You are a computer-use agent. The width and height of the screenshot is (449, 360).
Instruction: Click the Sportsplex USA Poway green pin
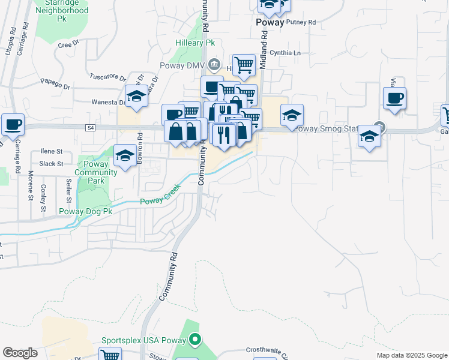pos(194,340)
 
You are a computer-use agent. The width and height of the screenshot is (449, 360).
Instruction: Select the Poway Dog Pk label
pos(86,211)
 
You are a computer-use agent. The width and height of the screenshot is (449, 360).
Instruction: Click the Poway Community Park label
pos(97,172)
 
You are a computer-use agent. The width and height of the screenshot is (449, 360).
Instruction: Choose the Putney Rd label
pos(301,22)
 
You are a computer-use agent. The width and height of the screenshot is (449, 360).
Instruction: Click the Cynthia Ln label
pos(285,53)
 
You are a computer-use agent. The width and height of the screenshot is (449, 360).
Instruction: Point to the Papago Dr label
pos(55,83)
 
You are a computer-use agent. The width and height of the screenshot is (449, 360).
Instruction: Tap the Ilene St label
pos(52,152)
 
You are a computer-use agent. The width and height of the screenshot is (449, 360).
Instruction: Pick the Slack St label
pos(52,164)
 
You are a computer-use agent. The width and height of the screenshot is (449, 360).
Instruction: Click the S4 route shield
pos(90,127)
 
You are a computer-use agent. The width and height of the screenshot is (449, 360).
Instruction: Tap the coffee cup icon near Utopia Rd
pos(13,124)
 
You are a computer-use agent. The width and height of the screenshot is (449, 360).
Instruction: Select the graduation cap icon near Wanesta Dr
pos(136,95)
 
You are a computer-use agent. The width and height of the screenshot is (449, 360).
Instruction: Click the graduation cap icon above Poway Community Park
pos(125,155)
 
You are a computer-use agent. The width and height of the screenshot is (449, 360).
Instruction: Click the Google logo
pos(20,353)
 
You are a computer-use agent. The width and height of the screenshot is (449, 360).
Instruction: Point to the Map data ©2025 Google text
pos(411,355)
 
